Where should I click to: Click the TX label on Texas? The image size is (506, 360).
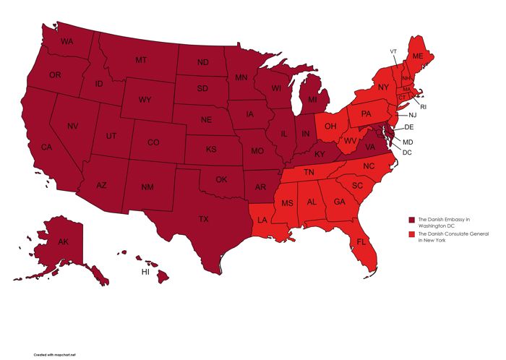[204, 219]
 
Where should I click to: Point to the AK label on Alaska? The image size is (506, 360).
[63, 241]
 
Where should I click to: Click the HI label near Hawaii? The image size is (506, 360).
[145, 273]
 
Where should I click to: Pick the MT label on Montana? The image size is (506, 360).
[142, 60]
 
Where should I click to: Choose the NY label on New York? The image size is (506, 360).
[383, 87]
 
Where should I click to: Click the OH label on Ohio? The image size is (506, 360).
[330, 127]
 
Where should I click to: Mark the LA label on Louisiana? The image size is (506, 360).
[262, 220]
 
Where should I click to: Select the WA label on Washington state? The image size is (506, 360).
[67, 42]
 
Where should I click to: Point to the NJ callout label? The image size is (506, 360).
[412, 116]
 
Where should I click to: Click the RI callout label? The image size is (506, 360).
[424, 107]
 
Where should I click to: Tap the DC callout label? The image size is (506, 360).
[407, 153]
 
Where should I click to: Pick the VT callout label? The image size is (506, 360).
[394, 51]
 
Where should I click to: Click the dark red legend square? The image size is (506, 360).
[412, 219]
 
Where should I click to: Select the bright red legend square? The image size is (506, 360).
[412, 235]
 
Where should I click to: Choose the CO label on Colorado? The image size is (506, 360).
[153, 143]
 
